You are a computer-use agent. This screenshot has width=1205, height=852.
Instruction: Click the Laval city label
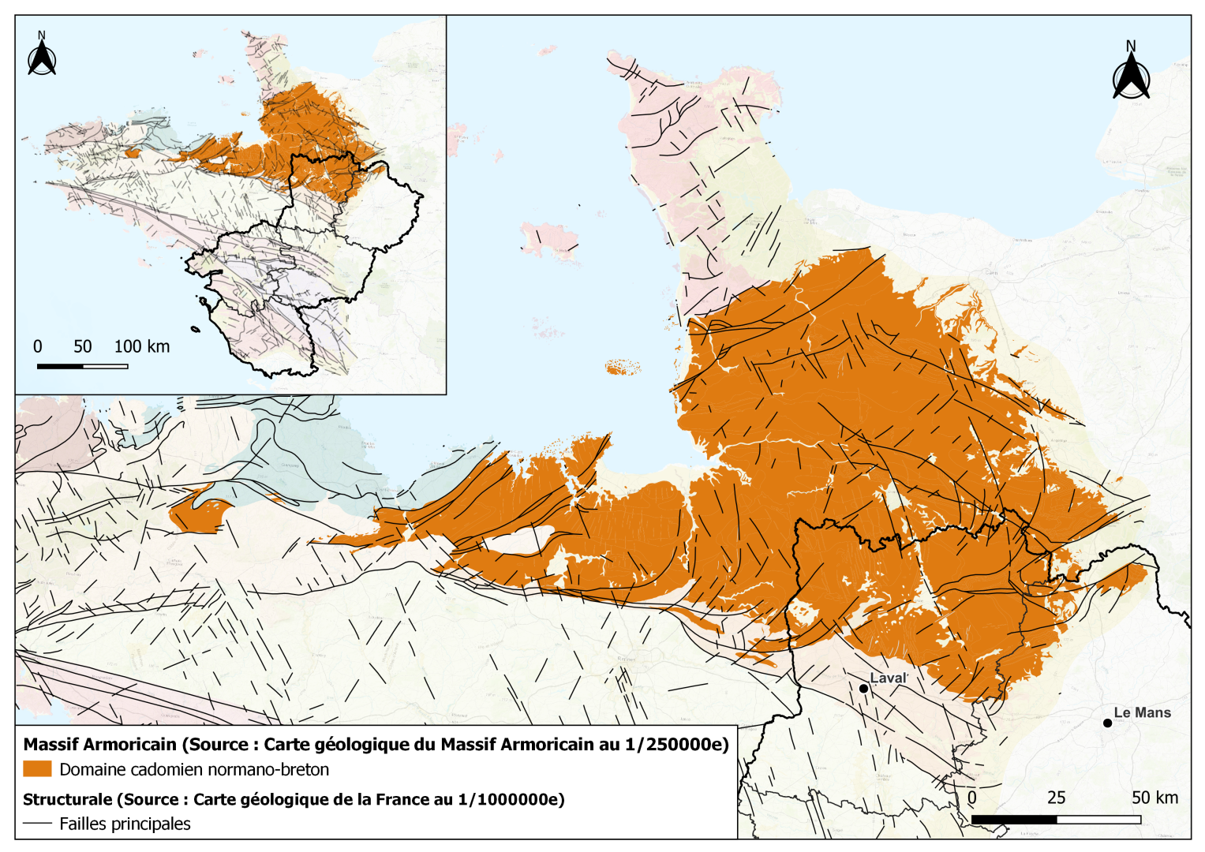[888, 678]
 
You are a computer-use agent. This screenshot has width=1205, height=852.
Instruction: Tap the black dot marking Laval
[863, 689]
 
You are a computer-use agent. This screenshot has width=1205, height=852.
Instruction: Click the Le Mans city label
[1142, 712]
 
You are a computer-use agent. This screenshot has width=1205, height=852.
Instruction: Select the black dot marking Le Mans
[1107, 723]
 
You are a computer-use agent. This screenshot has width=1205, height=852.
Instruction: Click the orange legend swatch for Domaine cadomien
[37, 769]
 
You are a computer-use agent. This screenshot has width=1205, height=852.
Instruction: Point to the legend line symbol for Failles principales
[37, 824]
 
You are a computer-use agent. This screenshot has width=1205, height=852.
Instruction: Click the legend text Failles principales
[125, 824]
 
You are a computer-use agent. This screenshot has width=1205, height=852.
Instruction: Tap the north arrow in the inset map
[42, 55]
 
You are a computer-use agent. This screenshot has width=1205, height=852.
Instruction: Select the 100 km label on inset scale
[141, 346]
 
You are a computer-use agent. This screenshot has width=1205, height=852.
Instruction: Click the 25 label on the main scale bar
[1056, 798]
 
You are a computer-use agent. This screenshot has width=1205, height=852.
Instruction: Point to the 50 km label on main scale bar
[1154, 798]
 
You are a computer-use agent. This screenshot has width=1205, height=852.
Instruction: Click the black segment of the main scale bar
[1013, 820]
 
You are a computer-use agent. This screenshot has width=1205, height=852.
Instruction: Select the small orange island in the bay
[623, 367]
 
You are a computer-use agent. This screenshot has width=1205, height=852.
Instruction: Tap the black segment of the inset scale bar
[60, 366]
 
